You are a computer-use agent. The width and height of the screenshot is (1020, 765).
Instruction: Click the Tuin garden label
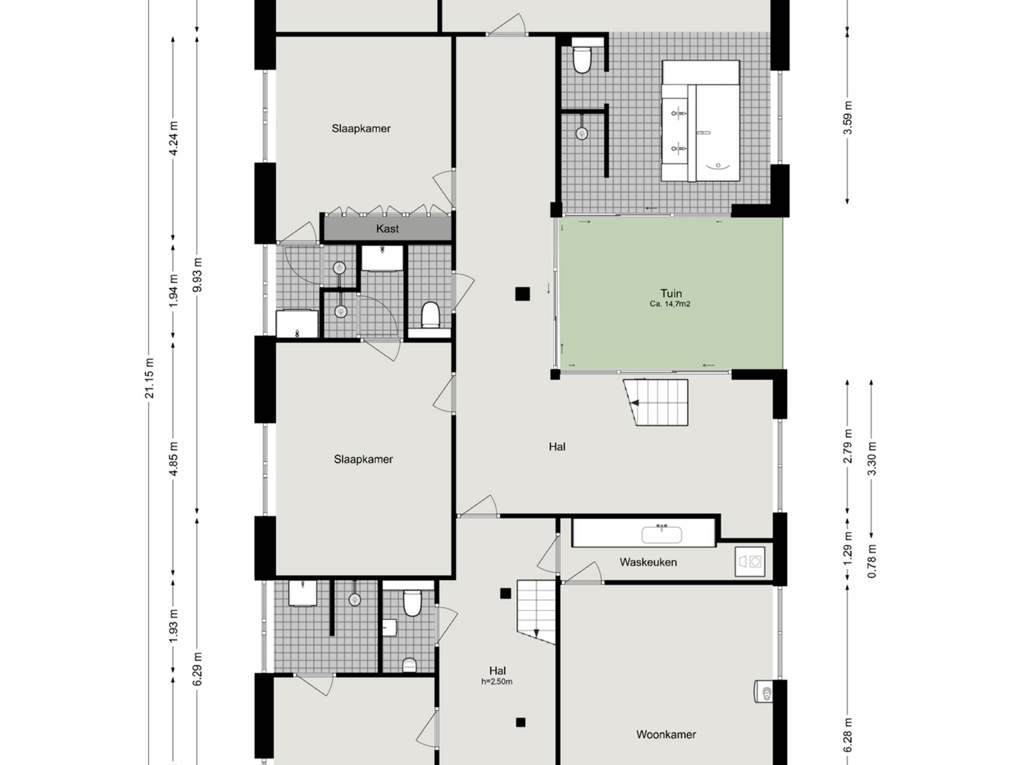click(671, 293)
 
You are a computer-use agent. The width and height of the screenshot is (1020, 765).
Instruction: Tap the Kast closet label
click(387, 229)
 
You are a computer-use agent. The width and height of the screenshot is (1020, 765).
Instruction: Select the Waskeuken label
click(648, 562)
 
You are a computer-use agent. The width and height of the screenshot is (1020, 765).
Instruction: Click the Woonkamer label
click(666, 735)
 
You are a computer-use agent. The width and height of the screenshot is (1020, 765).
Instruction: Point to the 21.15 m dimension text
click(149, 378)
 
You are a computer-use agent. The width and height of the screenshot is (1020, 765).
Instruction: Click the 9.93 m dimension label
click(197, 275)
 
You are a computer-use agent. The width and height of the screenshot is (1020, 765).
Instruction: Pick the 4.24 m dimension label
click(173, 138)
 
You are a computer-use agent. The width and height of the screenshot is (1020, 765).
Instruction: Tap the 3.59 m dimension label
click(847, 118)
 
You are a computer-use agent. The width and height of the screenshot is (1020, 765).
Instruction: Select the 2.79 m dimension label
click(847, 446)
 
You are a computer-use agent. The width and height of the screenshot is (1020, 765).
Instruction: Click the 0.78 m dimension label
click(871, 561)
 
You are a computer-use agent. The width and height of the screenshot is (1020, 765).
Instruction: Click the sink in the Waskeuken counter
click(662, 534)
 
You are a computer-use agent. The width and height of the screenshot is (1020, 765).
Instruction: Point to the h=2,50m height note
click(496, 682)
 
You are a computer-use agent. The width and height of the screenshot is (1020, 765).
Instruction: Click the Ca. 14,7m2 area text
click(670, 304)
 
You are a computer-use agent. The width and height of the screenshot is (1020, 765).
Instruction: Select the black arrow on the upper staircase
click(635, 403)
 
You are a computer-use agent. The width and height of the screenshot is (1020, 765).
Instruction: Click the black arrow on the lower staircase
click(536, 633)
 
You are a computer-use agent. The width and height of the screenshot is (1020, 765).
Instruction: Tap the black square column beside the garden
click(522, 294)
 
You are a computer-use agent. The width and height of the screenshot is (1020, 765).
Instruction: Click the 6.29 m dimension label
click(197, 669)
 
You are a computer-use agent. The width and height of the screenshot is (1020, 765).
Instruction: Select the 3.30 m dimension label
click(871, 459)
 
